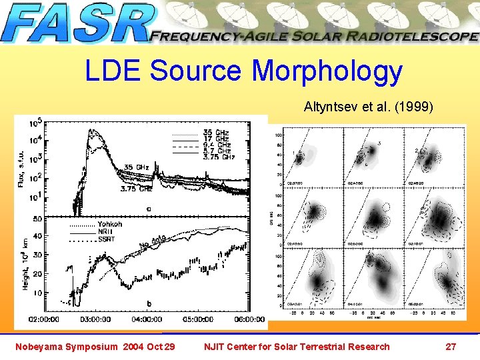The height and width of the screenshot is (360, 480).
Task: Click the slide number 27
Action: [x=451, y=346]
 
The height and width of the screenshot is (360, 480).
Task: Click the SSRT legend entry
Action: [x=107, y=239]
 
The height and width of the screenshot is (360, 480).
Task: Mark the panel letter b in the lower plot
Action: [x=148, y=304]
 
